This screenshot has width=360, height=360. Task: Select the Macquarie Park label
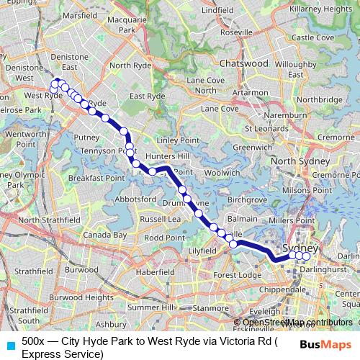127,26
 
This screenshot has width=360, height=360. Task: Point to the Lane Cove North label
205,86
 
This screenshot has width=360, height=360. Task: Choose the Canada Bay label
105,235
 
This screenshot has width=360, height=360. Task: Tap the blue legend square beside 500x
10,344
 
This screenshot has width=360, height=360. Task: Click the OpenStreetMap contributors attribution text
297,322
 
